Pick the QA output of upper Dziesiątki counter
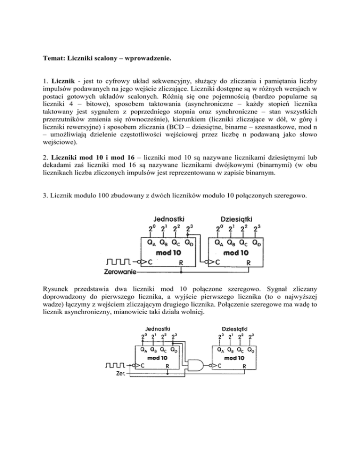[218, 243]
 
